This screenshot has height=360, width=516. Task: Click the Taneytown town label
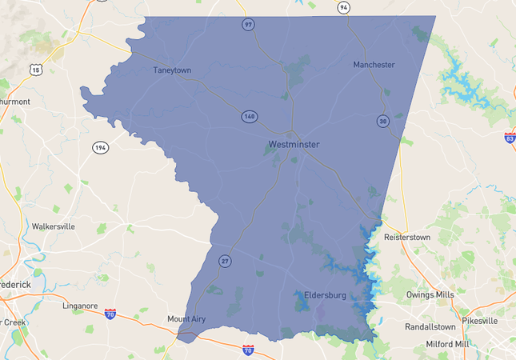point(172,70)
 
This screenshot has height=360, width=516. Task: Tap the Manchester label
point(374,64)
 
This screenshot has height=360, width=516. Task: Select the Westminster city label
point(294,145)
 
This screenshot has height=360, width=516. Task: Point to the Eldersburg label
point(325,295)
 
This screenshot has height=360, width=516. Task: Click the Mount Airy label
point(186,319)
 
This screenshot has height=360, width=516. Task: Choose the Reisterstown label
point(408,238)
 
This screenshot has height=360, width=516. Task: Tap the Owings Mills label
point(430,295)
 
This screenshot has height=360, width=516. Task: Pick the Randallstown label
point(430,327)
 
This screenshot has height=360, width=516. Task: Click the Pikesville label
point(480,321)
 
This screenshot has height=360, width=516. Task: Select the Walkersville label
point(54,226)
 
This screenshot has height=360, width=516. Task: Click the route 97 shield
point(249,25)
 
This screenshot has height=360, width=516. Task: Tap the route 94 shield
point(343,7)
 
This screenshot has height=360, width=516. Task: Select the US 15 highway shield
point(35,70)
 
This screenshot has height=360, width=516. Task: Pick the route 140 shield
point(250,117)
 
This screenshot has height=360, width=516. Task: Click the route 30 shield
point(383,121)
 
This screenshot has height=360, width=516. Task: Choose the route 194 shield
point(100,148)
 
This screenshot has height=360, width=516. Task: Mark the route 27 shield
point(225,261)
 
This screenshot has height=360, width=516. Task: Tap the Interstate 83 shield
point(510,138)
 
